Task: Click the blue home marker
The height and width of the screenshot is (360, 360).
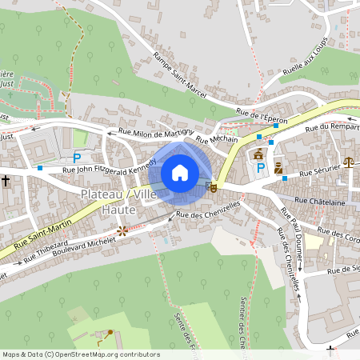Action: pyautogui.click(x=180, y=173)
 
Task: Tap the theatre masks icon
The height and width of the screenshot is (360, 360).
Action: pyautogui.click(x=212, y=186)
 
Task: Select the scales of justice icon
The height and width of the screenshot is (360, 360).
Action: pyautogui.click(x=349, y=162)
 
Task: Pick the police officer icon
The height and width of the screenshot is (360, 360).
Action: pyautogui.click(x=278, y=168)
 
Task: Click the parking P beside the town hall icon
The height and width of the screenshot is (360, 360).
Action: pyautogui.click(x=260, y=168)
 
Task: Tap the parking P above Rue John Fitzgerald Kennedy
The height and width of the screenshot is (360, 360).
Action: pyautogui.click(x=78, y=158)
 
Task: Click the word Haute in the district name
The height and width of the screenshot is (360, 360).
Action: pyautogui.click(x=119, y=209)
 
